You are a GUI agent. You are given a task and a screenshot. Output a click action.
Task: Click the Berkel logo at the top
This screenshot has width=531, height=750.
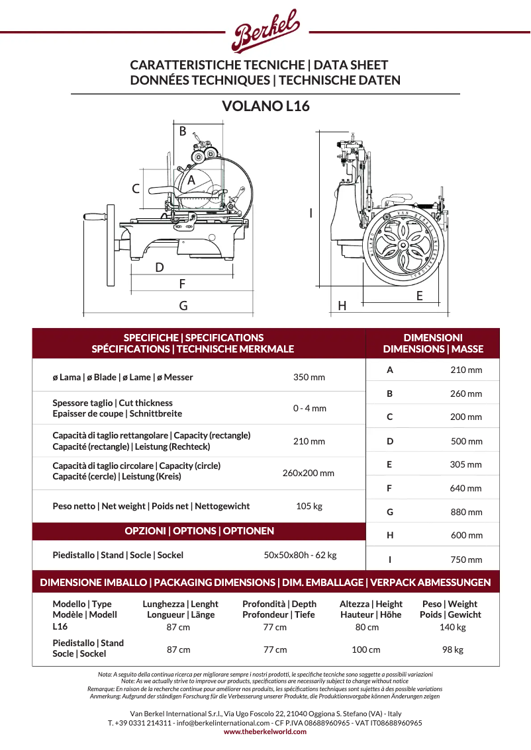[x=266, y=30]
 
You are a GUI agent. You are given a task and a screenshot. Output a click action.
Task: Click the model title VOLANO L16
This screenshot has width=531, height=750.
[x=265, y=106]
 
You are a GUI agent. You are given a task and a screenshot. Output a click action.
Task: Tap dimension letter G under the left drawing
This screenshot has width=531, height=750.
[x=183, y=306]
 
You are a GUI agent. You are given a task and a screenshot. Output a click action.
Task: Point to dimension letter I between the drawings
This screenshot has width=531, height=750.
[x=311, y=213]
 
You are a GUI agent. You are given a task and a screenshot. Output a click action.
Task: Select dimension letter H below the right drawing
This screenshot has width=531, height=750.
[x=342, y=306]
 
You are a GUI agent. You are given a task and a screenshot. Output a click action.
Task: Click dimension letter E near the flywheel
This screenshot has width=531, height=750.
[x=419, y=296]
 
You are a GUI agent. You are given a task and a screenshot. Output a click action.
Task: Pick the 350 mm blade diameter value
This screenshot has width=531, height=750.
[x=309, y=378]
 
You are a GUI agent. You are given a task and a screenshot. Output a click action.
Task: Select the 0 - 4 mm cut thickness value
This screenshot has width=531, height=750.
[x=309, y=408]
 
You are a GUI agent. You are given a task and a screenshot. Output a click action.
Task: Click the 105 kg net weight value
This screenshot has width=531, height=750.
[x=309, y=506]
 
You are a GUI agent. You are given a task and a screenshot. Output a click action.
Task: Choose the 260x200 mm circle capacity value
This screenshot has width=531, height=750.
[x=309, y=473]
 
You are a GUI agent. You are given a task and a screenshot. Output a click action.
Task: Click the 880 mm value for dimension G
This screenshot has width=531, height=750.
[x=466, y=512]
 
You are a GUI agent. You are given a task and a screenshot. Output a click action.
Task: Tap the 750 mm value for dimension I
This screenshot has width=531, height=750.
[x=466, y=560]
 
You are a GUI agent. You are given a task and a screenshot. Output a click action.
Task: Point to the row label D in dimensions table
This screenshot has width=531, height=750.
[x=390, y=441]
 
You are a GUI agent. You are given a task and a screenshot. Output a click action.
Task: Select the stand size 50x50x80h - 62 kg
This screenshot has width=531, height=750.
[x=300, y=555]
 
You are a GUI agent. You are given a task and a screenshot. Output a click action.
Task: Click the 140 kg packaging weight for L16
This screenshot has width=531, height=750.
[x=452, y=627]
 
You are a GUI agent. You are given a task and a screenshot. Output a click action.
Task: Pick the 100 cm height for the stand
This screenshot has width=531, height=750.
[x=365, y=649]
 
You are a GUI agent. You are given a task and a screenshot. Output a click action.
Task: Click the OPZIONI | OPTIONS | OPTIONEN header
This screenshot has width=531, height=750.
[x=199, y=530]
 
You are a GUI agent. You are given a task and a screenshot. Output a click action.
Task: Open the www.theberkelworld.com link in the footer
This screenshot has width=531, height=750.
[x=265, y=731]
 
